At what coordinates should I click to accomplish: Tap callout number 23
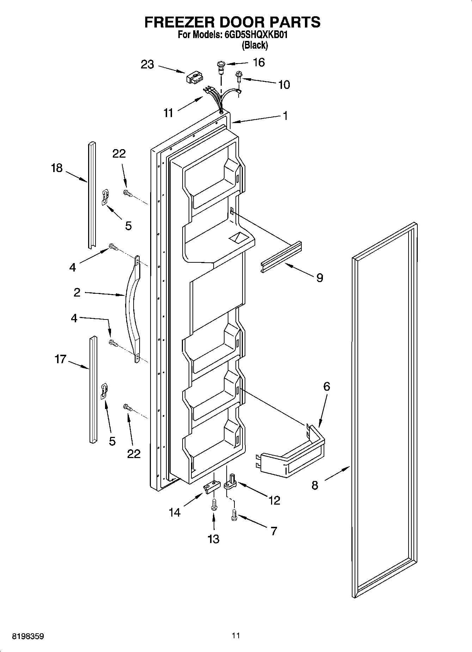(147, 65)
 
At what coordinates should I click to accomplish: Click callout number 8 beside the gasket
(315, 485)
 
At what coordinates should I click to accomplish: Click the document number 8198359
(28, 636)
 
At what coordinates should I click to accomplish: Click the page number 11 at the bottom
(236, 636)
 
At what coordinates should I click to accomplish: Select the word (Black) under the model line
(255, 45)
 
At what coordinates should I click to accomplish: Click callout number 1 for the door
(285, 116)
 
